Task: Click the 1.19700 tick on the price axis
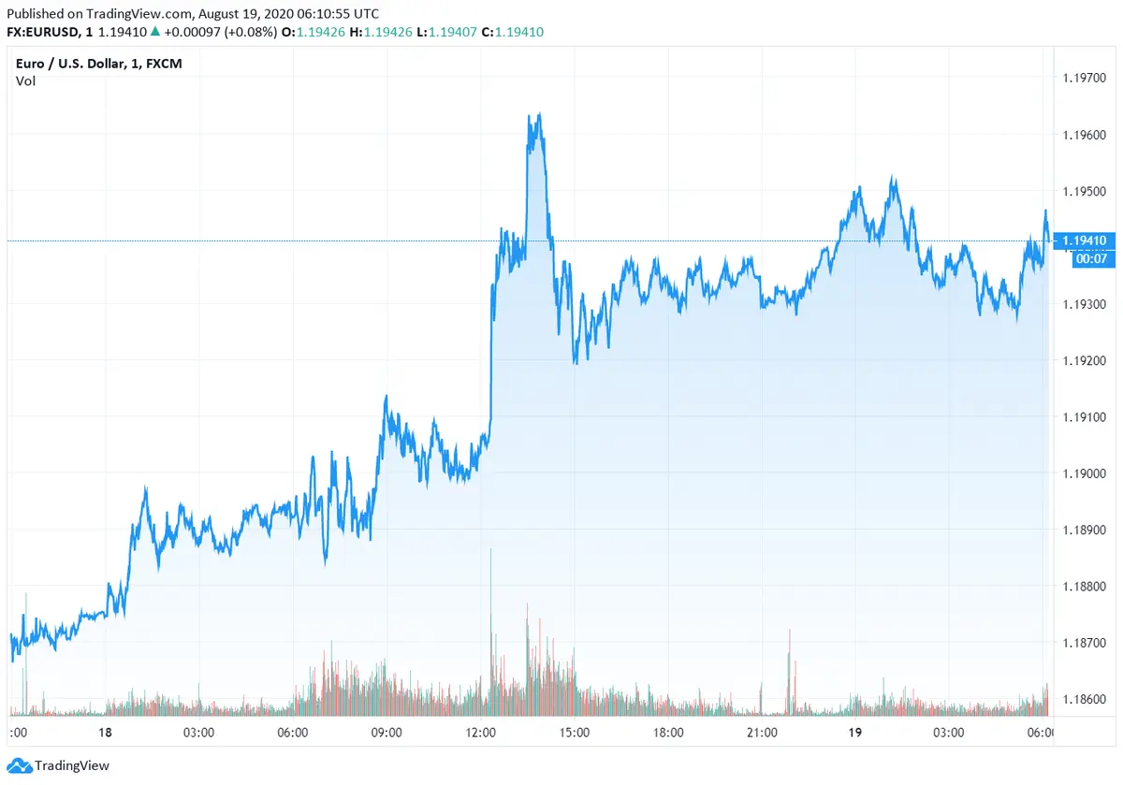coord(1086,80)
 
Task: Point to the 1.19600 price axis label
coord(1086,136)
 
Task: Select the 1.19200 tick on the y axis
coord(1086,361)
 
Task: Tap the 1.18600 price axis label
coord(1086,699)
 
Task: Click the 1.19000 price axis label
coord(1086,473)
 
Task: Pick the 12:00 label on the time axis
coord(480,733)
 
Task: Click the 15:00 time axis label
coord(574,733)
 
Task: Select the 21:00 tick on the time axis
coord(762,733)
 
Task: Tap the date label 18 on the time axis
coord(105,733)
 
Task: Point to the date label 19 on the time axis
coord(855,733)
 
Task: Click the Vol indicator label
coord(26,81)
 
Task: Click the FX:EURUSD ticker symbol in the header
coord(43,32)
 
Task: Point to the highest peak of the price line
coord(539,115)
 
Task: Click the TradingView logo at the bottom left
coord(58,765)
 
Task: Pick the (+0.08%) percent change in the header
coord(250,32)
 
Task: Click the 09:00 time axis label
coord(386,733)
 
